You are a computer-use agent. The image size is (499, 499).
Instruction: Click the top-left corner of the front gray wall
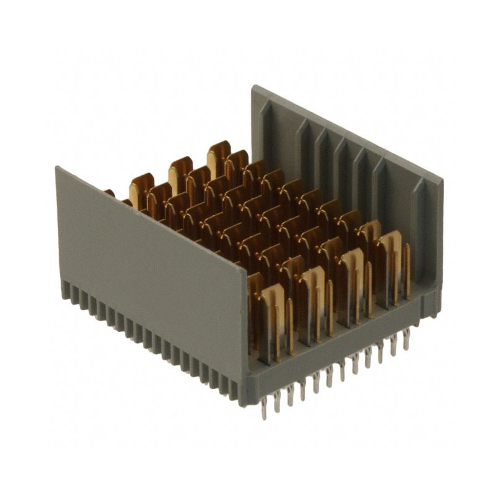click(x=57, y=168)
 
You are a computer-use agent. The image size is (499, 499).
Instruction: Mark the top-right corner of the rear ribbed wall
click(x=442, y=181)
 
